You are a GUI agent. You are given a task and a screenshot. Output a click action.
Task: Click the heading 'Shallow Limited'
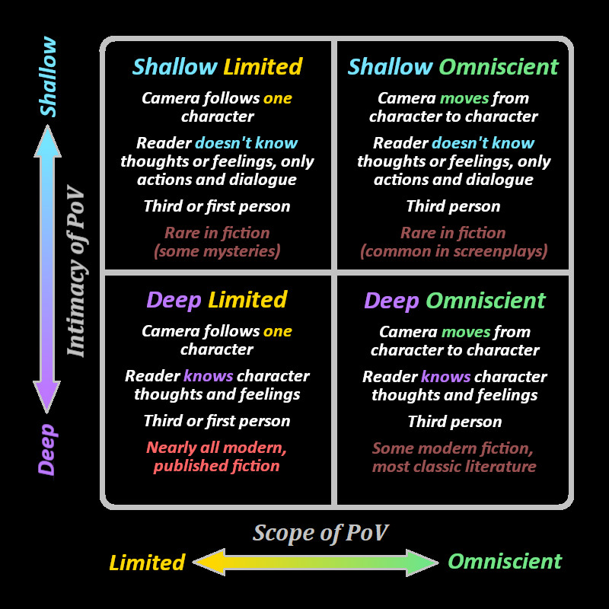(217, 67)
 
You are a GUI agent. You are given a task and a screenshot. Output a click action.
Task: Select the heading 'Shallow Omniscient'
(453, 67)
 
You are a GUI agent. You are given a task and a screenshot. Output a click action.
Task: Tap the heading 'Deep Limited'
(217, 300)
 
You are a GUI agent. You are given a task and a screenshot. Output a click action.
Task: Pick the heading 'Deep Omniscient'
(454, 301)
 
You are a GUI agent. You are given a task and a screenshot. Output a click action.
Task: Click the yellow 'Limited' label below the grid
(147, 563)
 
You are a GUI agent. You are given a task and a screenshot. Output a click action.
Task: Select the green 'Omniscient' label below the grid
(505, 562)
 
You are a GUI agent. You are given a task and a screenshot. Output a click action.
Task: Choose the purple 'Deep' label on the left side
(47, 449)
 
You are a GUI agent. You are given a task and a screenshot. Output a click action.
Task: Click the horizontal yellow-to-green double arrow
(316, 563)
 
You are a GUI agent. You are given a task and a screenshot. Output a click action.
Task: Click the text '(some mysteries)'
(217, 250)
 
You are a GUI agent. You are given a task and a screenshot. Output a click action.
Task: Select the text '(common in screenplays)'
(454, 250)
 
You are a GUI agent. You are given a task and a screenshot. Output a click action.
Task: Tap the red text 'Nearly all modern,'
(216, 447)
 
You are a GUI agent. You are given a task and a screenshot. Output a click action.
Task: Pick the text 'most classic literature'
(454, 466)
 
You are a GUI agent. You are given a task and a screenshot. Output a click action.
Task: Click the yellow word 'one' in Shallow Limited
(278, 98)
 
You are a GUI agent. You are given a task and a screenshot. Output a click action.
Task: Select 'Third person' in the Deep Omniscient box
(454, 422)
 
